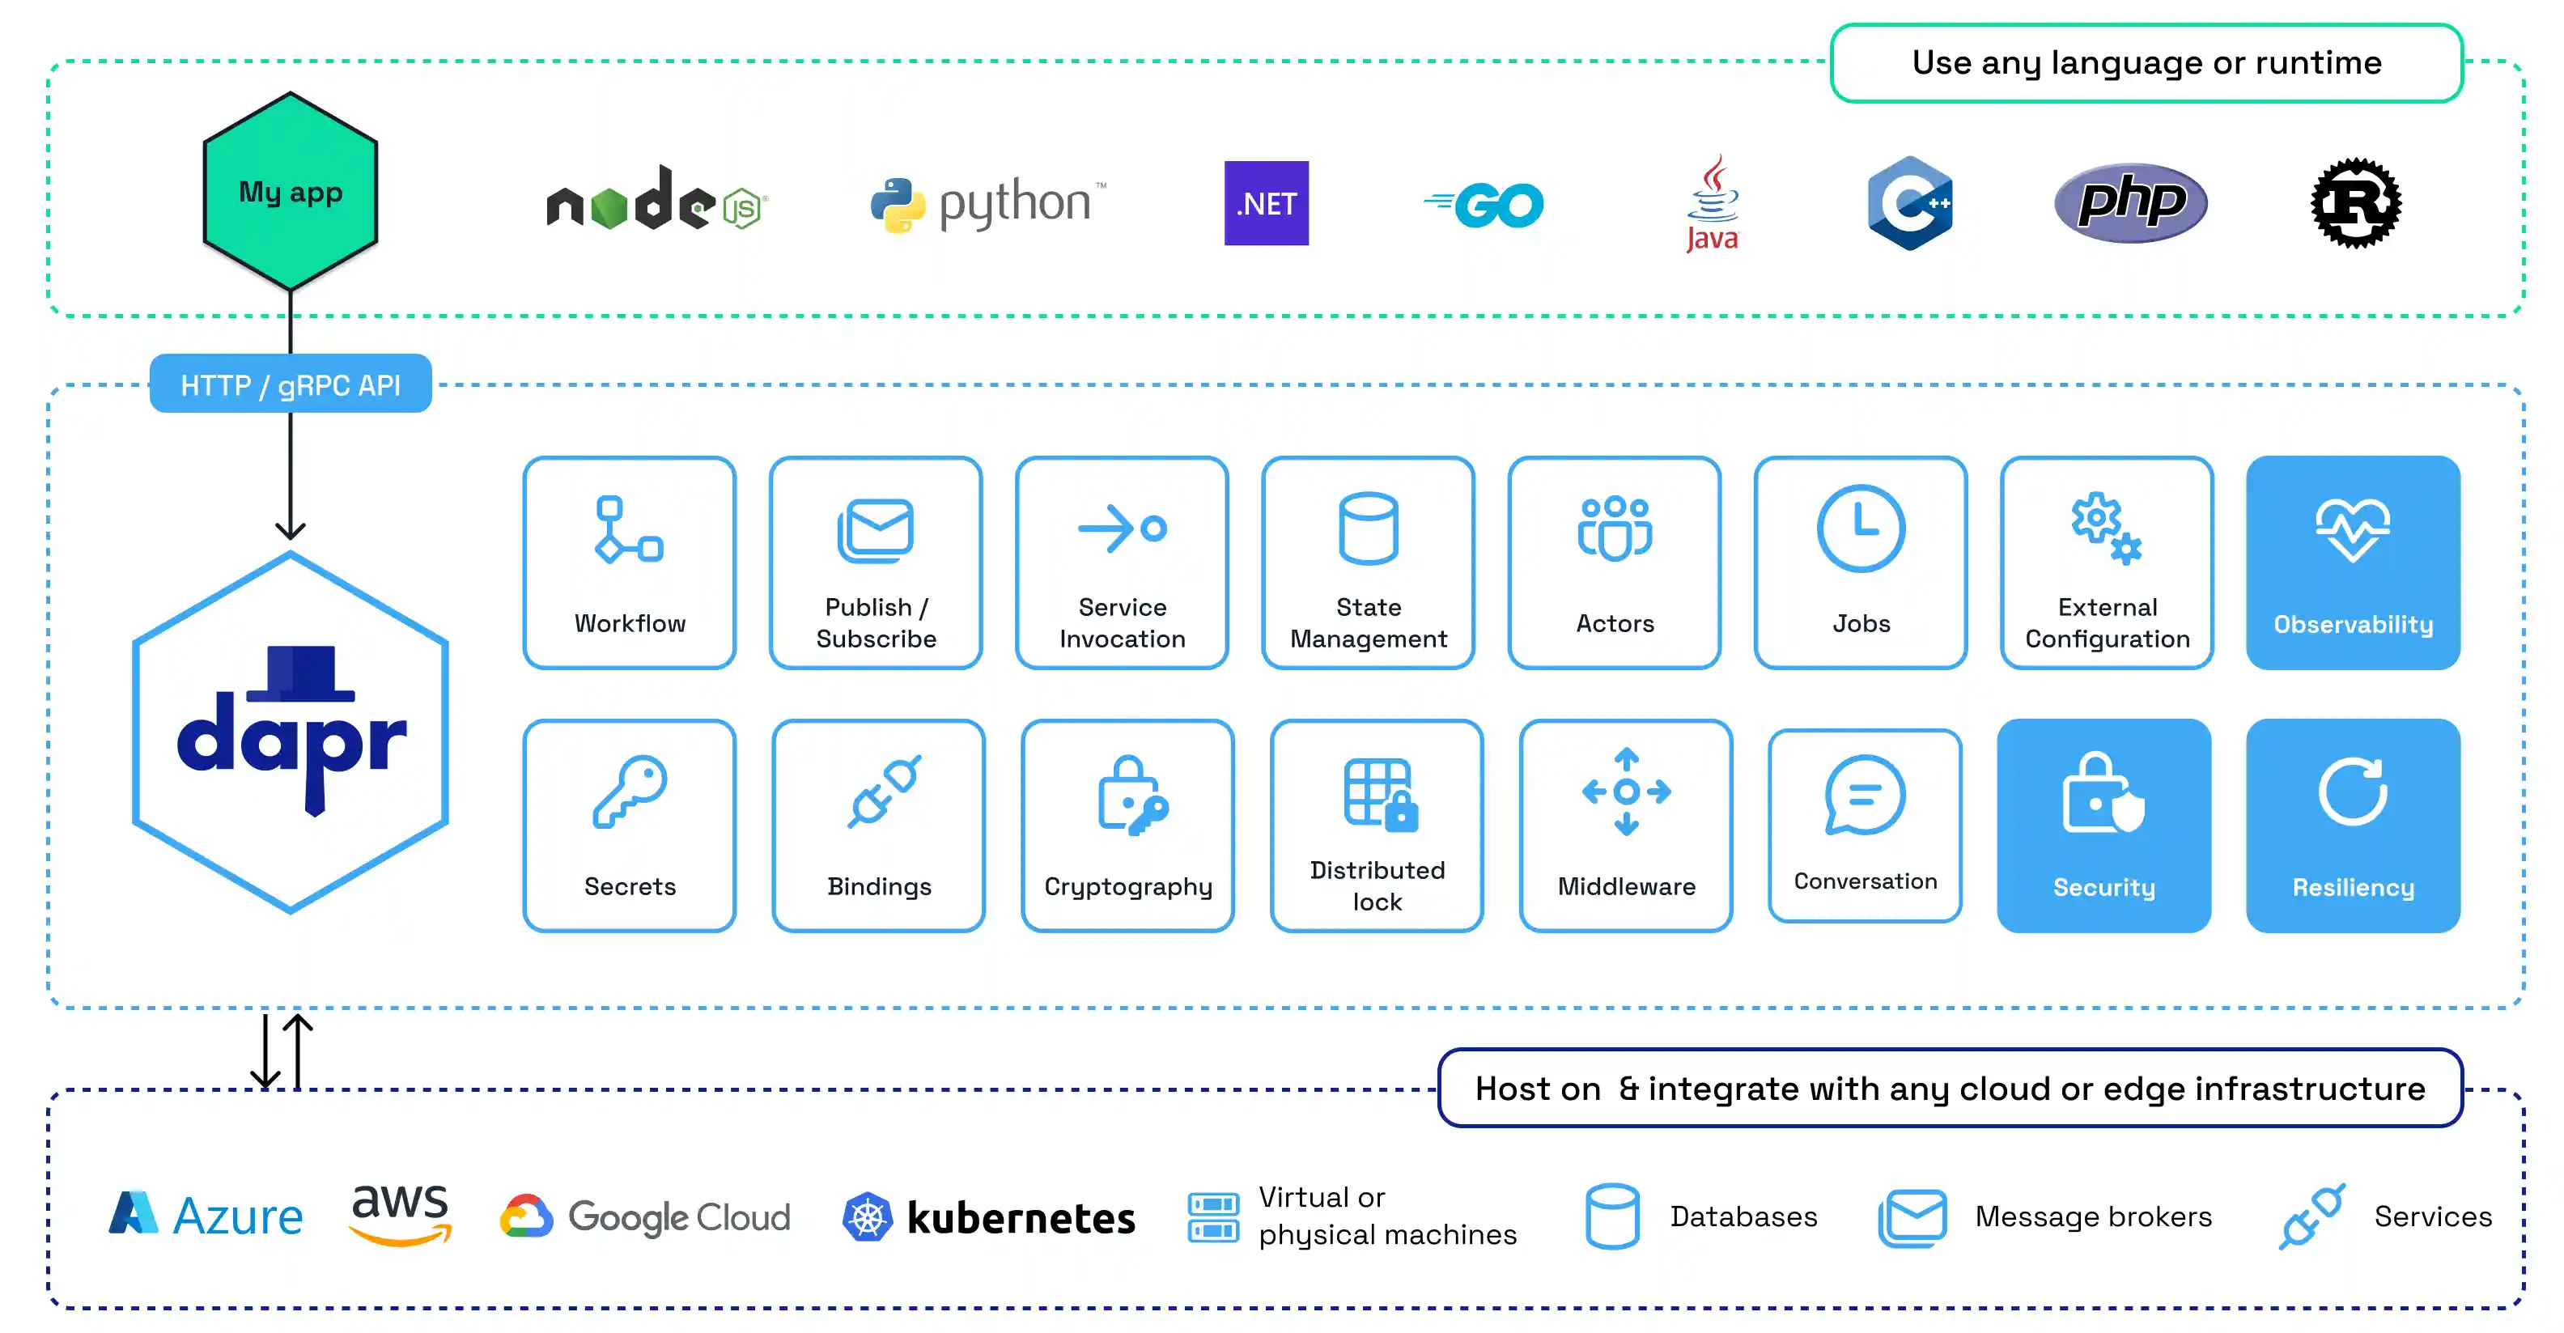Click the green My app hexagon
(290, 191)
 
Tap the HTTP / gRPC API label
(290, 384)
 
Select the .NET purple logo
(1266, 203)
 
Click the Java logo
(1712, 203)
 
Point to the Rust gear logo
(2355, 203)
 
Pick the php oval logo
(2130, 203)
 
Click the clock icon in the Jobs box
(1861, 529)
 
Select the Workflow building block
(629, 563)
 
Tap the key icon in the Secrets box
(629, 792)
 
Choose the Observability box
(2352, 563)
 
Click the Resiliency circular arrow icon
(2352, 792)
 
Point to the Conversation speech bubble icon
(1864, 795)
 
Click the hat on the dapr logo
(299, 670)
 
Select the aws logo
(400, 1213)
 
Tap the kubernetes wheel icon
(867, 1216)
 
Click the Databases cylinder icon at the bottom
(1611, 1216)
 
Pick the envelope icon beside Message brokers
(1912, 1216)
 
